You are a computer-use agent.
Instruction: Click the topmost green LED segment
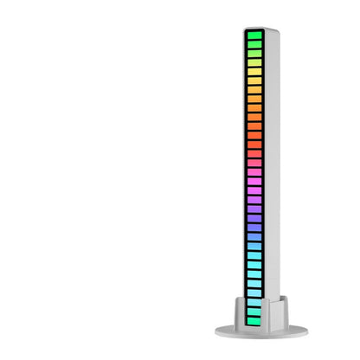254,40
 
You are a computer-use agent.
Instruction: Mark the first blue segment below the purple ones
254,228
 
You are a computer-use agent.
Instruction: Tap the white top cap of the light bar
260,28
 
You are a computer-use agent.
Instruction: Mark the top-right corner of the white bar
275,30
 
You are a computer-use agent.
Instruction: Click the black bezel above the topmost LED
254,32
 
